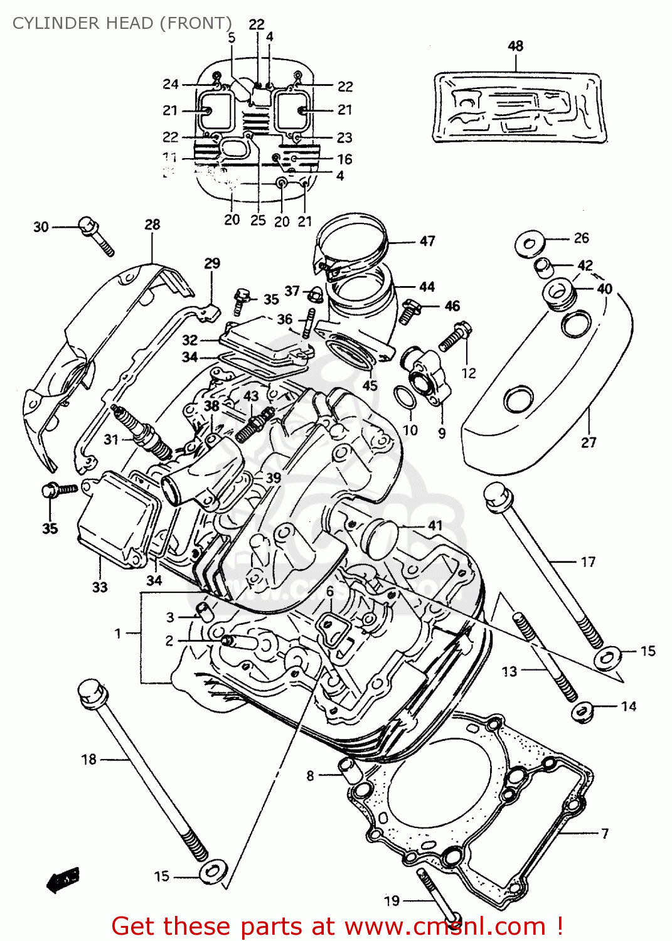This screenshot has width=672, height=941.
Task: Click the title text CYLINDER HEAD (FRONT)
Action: (122, 23)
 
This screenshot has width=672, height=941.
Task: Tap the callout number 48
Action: (515, 46)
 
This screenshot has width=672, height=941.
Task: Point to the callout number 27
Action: (588, 442)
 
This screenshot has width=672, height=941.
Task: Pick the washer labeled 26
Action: (530, 243)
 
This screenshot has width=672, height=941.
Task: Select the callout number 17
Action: (588, 561)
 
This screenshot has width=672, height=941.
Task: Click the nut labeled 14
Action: (583, 711)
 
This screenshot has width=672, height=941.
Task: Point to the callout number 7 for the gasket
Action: (604, 833)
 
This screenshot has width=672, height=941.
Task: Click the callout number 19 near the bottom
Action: (392, 901)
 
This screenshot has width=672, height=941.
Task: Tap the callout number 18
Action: (88, 759)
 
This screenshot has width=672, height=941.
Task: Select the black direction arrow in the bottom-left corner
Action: (63, 880)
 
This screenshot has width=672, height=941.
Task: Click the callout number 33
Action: (100, 587)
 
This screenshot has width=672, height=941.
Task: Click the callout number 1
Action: (117, 634)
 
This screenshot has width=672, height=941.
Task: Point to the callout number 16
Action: (344, 159)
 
